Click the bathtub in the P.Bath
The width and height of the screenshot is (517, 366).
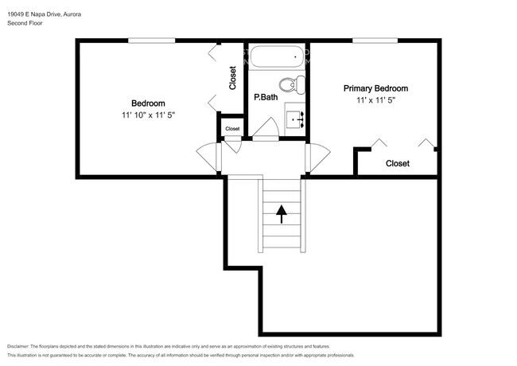(x=277, y=56)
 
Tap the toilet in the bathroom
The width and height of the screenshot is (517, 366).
(x=292, y=85)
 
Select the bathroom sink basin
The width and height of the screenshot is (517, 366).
(x=295, y=119)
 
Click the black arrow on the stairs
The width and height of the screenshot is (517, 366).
(x=282, y=214)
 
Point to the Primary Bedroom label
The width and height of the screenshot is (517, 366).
(x=376, y=88)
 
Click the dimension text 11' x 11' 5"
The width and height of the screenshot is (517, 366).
(x=376, y=100)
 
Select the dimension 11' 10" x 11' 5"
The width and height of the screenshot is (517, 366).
(x=149, y=115)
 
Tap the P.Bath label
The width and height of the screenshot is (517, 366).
(x=266, y=97)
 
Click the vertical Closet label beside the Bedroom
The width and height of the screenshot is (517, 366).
(x=233, y=78)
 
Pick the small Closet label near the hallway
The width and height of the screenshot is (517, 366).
(x=232, y=129)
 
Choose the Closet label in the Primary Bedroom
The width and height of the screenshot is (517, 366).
(x=398, y=163)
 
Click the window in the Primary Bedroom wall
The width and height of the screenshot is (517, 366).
(x=375, y=41)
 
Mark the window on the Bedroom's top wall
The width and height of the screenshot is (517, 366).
(x=152, y=41)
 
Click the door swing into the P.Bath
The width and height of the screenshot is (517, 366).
(x=266, y=129)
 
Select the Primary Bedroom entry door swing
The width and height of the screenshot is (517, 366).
(x=318, y=158)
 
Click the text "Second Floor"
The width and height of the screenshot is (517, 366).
(x=25, y=23)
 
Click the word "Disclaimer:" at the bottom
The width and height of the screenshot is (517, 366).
(x=18, y=346)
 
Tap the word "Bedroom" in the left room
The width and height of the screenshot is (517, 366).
(x=149, y=103)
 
